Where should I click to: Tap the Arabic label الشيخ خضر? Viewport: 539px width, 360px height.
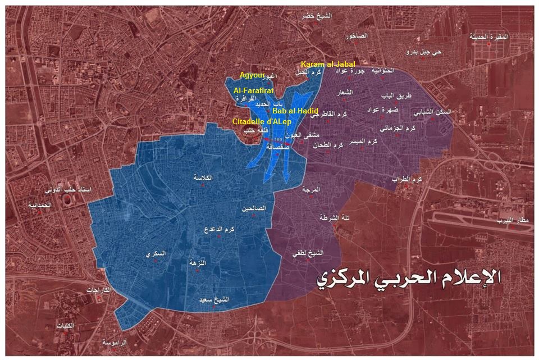(x=317, y=16)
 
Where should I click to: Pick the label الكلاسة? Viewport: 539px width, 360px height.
(x=203, y=177)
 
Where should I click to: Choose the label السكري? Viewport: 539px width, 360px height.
(x=156, y=254)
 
